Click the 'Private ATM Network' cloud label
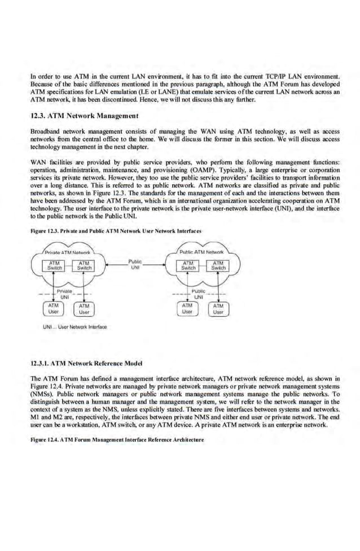pyautogui.click(x=64, y=252)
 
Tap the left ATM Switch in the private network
pyautogui.click(x=55, y=265)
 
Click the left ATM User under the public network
pyautogui.click(x=187, y=308)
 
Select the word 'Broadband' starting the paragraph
pyautogui.click(x=44, y=130)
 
